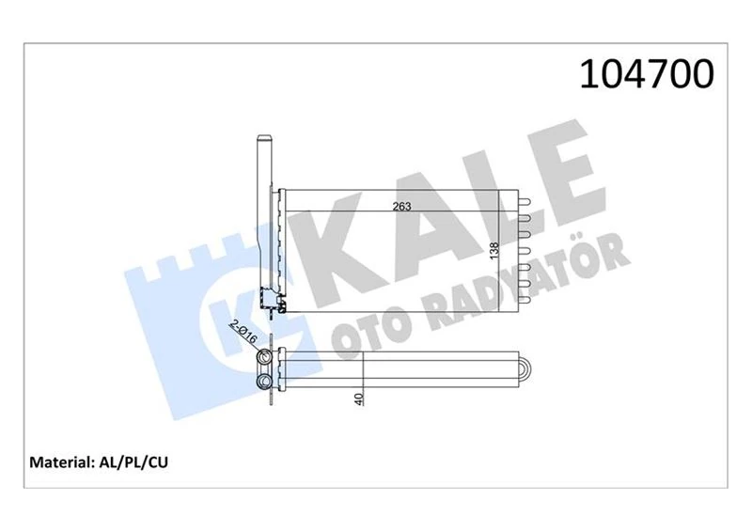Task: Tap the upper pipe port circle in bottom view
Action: coord(266,357)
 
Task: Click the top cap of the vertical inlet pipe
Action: coord(262,141)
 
